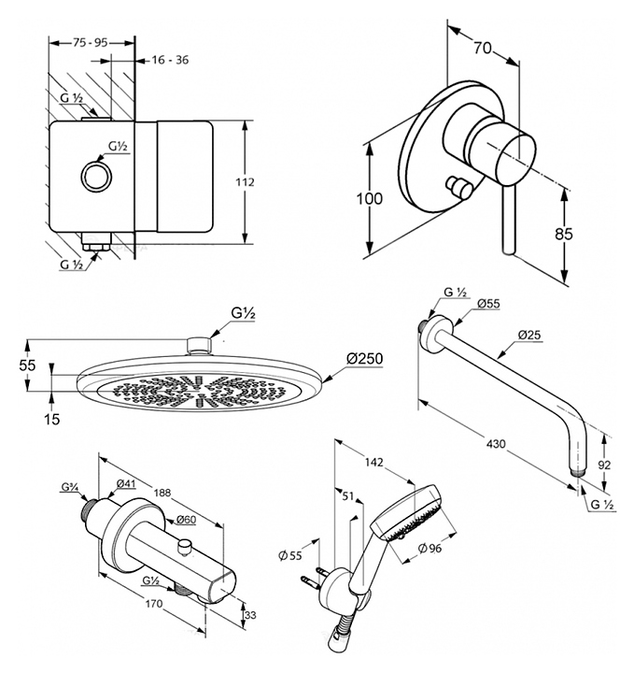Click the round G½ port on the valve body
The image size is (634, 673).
[x=95, y=176]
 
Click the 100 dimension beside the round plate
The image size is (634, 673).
[x=370, y=199]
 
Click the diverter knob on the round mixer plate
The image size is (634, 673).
[x=457, y=184]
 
